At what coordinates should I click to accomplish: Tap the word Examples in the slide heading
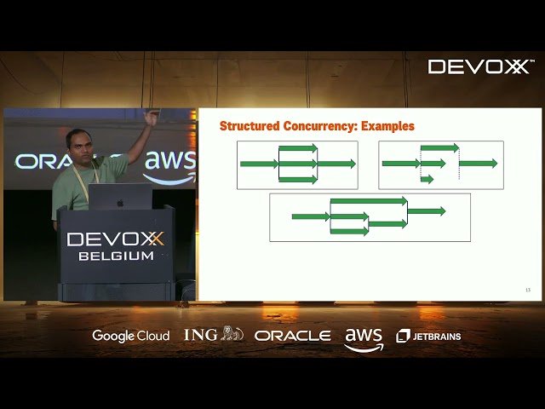pos(387,126)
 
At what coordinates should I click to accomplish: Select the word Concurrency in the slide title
pos(323,126)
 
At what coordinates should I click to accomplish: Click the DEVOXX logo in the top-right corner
pos(478,66)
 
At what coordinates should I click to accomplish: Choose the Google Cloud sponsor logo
pos(130,336)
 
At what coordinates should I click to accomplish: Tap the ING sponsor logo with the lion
pos(213,335)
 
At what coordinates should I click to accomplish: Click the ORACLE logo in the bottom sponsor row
pos(292,336)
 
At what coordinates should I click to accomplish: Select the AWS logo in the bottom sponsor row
pos(364,338)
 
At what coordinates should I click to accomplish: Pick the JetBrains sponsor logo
pos(429,336)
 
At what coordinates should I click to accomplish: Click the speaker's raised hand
pos(152,118)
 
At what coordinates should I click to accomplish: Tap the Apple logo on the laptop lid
pos(119,203)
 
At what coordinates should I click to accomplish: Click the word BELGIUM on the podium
pos(116,256)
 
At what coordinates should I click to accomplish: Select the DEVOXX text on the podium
pos(116,239)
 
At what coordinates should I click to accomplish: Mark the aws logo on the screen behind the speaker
pos(169,164)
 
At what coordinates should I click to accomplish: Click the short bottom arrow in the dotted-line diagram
pos(427,179)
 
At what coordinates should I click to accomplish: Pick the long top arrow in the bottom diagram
pos(368,201)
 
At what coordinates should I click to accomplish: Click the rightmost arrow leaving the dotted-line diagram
pos(478,163)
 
